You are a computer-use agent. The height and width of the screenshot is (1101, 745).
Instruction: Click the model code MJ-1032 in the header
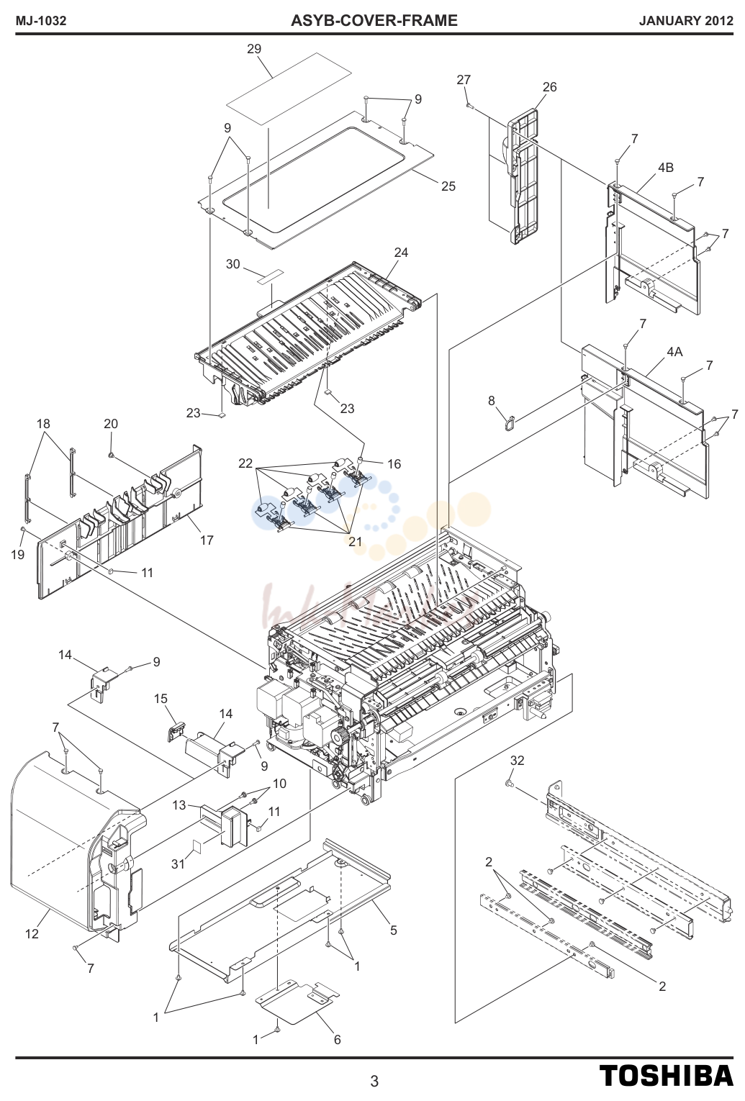41,21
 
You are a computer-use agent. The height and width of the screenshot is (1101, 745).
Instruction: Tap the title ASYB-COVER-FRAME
374,21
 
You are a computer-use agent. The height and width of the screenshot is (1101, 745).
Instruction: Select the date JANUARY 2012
686,21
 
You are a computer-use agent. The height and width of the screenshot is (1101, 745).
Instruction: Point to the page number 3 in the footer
374,1082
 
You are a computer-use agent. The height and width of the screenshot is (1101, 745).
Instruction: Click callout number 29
254,49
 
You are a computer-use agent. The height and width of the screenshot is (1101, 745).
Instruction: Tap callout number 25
448,186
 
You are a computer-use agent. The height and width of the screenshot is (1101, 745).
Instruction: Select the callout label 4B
665,168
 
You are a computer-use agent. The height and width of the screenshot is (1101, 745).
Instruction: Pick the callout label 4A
674,352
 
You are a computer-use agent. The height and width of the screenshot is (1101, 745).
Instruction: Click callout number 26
549,87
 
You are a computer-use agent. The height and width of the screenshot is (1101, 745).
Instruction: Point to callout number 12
32,933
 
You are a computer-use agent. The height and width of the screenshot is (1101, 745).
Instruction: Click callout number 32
517,761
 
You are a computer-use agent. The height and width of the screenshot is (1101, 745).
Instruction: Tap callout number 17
207,540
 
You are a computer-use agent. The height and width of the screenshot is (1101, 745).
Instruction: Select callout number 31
178,864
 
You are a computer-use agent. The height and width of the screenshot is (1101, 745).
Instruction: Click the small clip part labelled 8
510,422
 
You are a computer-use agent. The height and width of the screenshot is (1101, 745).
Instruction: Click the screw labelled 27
469,104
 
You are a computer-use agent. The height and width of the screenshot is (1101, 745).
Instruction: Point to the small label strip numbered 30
271,276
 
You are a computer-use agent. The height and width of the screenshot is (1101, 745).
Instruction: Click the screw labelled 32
510,784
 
